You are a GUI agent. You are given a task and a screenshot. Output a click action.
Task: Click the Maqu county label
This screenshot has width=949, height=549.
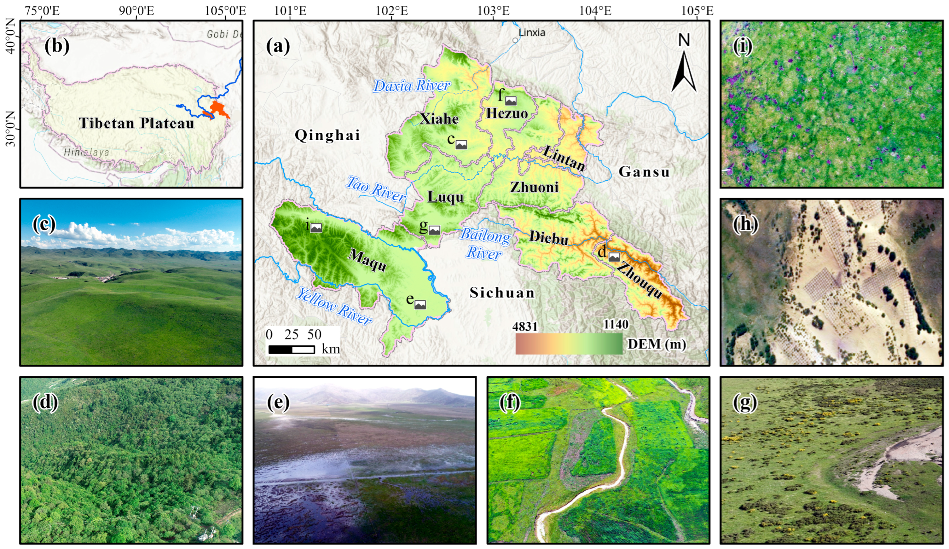coord(367,260)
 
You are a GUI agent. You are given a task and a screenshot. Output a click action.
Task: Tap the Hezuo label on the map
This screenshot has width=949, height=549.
coord(506,113)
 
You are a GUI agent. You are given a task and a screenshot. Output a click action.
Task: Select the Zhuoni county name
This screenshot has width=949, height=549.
coord(534,187)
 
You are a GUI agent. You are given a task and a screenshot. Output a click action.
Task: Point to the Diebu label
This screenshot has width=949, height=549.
coord(549,238)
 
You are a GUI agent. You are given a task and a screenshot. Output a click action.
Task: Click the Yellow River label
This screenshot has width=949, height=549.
coord(334,306)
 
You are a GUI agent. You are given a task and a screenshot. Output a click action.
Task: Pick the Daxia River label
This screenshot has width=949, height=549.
coord(411,86)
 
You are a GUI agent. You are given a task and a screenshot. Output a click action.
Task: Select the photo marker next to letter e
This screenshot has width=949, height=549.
coord(420,304)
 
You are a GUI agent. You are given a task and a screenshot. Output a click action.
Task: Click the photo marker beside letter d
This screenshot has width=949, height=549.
coord(614,257)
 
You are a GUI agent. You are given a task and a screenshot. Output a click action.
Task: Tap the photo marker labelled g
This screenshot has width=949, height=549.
coord(434,230)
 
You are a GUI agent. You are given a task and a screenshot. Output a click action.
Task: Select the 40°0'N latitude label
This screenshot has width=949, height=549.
coord(11,41)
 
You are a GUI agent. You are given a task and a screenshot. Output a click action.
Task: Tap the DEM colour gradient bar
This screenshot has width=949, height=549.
coord(569,344)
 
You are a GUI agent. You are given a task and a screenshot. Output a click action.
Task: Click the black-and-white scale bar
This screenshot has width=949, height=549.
coord(292,349)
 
